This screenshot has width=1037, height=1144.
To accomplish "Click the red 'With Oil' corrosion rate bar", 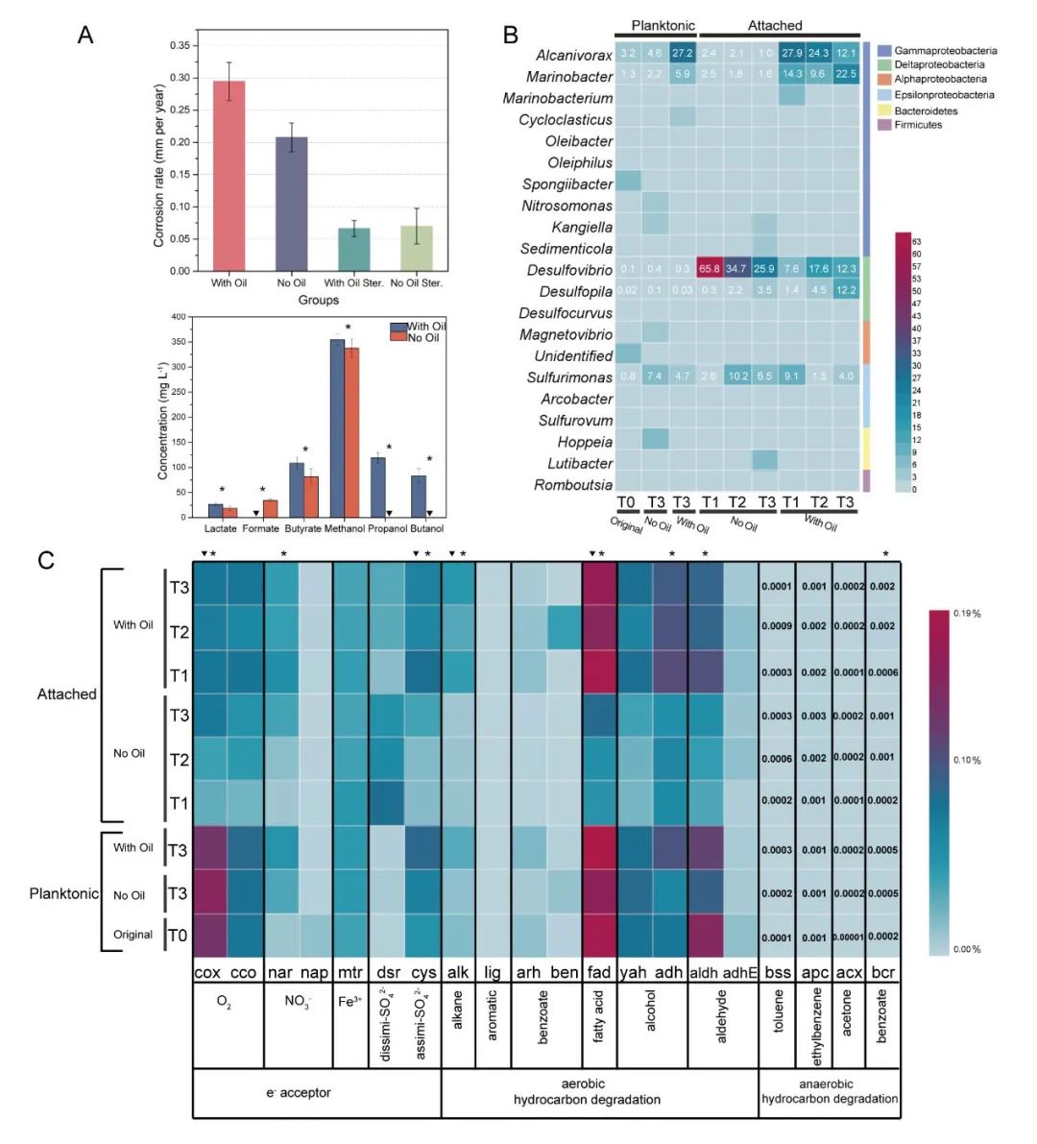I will coord(229,176).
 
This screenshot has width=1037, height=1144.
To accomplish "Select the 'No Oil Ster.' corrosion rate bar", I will coord(417,248).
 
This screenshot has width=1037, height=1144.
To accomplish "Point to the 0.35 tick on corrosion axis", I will coord(179,45).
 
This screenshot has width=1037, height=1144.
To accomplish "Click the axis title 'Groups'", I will coord(318,301).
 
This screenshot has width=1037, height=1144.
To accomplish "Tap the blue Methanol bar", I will coord(337,427).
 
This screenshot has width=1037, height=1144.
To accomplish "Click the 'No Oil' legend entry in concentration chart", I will coord(423,337).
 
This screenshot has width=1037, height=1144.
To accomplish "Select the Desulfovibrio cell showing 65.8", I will coord(711,270).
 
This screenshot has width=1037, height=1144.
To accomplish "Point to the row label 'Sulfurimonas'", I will coord(569,377).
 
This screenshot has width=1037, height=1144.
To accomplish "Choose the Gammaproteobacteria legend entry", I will coord(945,50).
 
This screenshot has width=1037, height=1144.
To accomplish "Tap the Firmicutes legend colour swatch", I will coord(883,125).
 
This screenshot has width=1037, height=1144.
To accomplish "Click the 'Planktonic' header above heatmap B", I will coord(663,26).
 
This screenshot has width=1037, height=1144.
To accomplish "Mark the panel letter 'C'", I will coord(46,560).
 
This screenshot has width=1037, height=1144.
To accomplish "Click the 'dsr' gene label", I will coord(385,972).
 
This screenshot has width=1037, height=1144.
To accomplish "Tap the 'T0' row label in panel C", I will coord(179,936).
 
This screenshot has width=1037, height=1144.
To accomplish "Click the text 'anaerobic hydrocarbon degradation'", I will coord(830,1091).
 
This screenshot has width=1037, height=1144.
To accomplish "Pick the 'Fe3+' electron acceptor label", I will coord(350,1003).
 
